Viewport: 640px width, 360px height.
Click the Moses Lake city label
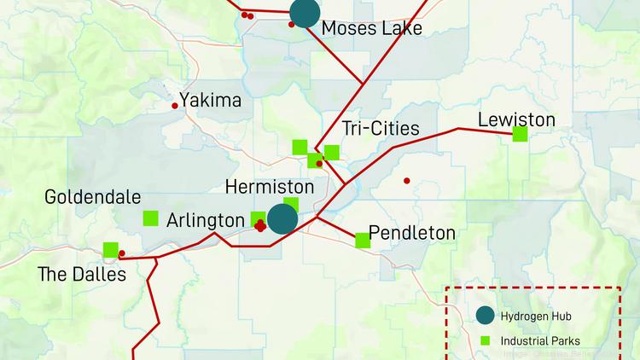(371, 29)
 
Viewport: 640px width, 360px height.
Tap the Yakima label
(210, 101)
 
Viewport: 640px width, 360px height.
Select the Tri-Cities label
(381, 129)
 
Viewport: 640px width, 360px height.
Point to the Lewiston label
(516, 119)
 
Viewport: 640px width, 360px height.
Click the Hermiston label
(270, 187)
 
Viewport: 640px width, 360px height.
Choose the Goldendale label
(93, 197)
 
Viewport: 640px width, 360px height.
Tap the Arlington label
(205, 220)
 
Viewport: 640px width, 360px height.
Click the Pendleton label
(412, 233)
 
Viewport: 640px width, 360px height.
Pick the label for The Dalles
(82, 274)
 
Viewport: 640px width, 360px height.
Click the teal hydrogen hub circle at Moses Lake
(305, 12)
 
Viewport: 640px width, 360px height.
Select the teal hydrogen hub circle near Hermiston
(282, 218)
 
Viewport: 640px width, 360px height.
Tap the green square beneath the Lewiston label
(520, 133)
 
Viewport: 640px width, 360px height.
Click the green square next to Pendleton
(363, 240)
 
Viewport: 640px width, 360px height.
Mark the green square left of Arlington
(151, 218)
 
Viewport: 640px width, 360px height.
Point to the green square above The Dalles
(110, 250)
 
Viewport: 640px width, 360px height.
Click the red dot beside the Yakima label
(175, 106)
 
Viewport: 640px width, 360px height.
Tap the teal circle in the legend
(484, 316)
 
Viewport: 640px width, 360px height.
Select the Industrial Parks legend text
(539, 341)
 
